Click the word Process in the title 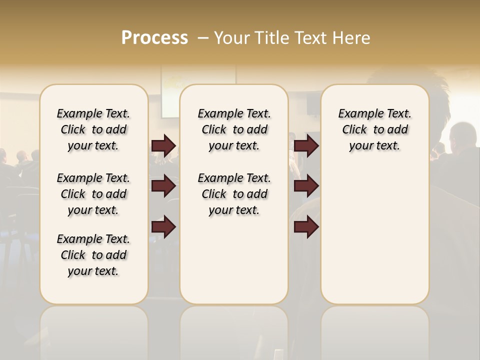point(154,38)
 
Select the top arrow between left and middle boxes point(163,145)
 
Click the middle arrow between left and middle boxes point(163,186)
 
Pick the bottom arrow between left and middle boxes point(163,227)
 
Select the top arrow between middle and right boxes point(306,145)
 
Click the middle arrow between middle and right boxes point(306,186)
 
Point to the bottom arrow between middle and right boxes point(306,227)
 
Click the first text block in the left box point(93,129)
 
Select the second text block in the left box point(93,194)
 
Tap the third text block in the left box point(93,255)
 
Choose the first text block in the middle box point(234,129)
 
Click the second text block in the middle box point(234,194)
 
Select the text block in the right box point(374,129)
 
